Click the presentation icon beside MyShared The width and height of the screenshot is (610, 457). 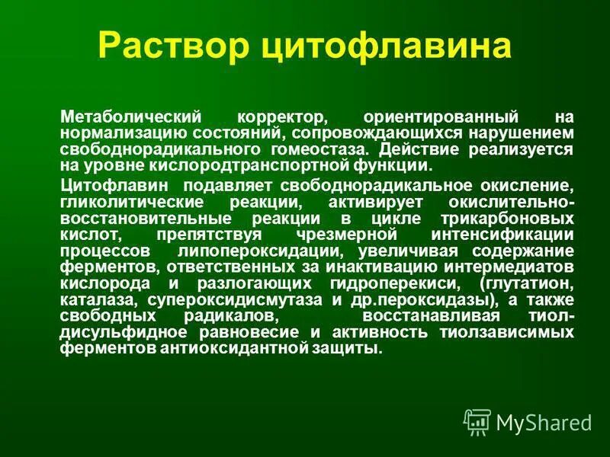(x=477, y=422)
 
